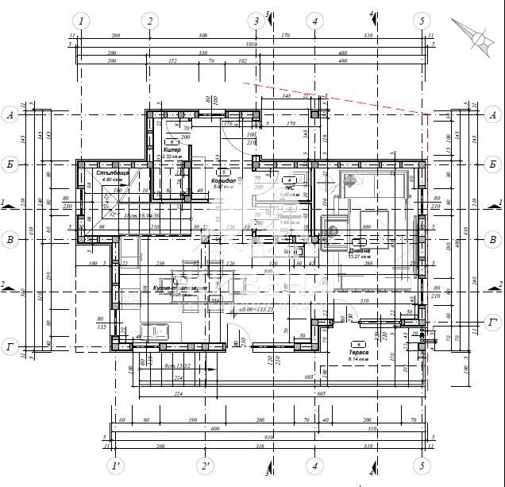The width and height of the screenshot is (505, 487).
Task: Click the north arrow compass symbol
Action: (x=479, y=35)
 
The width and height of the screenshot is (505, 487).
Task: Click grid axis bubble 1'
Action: (x=117, y=466)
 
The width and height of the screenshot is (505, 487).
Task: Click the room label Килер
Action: (x=172, y=149)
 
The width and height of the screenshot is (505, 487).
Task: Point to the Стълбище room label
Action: (x=111, y=172)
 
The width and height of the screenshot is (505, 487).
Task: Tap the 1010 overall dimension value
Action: (x=251, y=44)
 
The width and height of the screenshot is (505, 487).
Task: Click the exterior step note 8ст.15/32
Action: (x=178, y=365)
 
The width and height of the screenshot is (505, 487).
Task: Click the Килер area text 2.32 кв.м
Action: (x=173, y=157)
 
